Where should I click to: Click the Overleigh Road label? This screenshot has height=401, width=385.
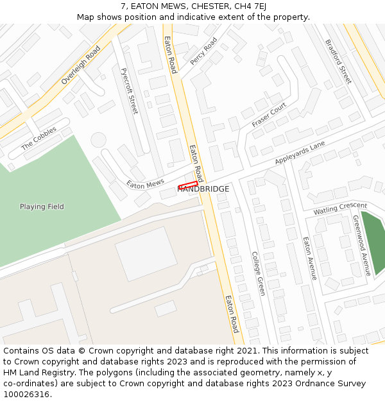click(x=81, y=65)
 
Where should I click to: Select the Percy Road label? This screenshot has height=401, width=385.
click(x=203, y=51)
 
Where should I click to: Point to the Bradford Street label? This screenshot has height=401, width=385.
click(x=338, y=62)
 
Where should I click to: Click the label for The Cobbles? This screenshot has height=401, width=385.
click(x=39, y=138)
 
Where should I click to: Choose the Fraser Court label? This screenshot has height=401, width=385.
click(x=269, y=114)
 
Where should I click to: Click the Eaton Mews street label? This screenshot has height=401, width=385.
click(x=146, y=183)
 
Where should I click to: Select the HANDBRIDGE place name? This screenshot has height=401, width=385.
click(x=203, y=189)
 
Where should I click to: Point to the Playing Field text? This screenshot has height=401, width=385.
click(x=42, y=207)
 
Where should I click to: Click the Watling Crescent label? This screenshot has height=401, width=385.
click(x=340, y=209)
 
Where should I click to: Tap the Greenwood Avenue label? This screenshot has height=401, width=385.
click(x=362, y=245)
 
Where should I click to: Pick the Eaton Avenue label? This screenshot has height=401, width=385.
click(x=310, y=259)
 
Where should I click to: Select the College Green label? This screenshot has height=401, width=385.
click(x=259, y=273)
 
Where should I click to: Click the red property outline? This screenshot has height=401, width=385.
click(x=187, y=185)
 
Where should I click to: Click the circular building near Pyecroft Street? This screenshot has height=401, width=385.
click(x=98, y=139)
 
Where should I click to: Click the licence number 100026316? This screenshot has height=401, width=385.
click(x=27, y=395)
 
